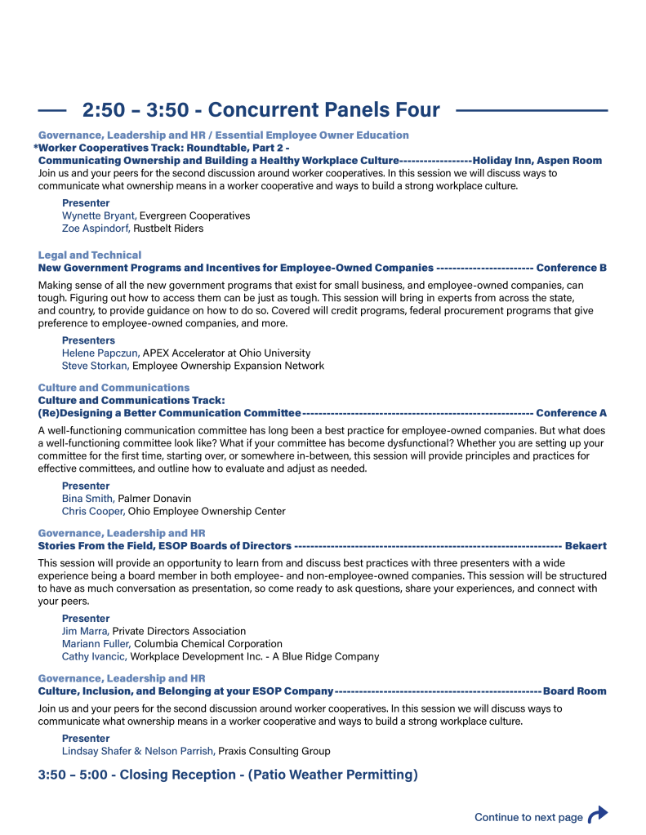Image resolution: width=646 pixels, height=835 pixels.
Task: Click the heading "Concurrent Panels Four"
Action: tap(261, 110)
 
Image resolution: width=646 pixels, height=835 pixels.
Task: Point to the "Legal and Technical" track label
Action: tap(90, 255)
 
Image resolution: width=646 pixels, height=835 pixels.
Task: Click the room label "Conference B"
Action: tap(571, 268)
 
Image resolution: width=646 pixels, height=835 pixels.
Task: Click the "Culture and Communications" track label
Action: tap(114, 388)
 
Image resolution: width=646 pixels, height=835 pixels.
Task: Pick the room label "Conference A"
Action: tap(571, 413)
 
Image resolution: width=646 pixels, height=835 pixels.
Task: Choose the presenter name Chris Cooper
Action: tap(93, 512)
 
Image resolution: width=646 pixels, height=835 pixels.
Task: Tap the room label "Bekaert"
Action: tap(586, 546)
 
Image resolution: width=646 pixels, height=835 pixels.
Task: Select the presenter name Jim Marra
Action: tap(86, 631)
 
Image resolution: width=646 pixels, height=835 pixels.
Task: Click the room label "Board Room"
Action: tap(575, 691)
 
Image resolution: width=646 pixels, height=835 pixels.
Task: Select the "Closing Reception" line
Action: tap(228, 775)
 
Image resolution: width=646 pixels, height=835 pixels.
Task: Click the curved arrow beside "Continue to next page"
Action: tap(599, 815)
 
